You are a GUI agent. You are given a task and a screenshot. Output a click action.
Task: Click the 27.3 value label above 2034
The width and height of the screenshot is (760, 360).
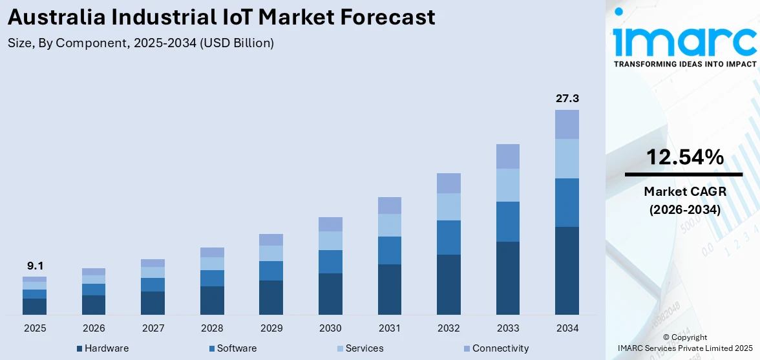[x=567, y=99]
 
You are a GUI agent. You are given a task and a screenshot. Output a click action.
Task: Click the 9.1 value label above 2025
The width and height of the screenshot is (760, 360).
[x=34, y=266]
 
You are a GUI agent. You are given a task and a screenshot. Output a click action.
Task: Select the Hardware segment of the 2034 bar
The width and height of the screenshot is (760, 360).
[x=567, y=271]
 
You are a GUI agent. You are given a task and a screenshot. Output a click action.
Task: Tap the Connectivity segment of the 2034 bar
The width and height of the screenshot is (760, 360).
[x=567, y=124]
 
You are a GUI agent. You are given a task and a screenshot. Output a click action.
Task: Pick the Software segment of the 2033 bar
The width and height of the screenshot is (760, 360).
[x=507, y=222]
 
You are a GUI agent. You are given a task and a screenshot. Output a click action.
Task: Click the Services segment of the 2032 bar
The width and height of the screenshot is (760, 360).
[x=449, y=207]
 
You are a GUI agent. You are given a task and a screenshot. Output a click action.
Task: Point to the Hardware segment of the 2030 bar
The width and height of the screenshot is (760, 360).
[x=330, y=294]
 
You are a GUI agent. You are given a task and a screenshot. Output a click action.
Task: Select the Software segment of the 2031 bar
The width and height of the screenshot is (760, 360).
[x=389, y=250]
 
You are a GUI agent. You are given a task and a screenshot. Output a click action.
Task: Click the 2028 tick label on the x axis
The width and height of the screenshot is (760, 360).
[x=212, y=328]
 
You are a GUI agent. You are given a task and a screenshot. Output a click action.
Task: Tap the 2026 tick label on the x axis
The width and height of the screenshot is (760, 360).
[x=94, y=328]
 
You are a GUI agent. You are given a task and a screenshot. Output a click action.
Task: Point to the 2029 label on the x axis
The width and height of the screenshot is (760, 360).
[x=271, y=328]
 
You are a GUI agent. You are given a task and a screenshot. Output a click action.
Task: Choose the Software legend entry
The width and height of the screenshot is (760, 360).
[x=232, y=348]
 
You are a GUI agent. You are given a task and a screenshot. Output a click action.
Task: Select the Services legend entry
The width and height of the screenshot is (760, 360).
[x=360, y=348]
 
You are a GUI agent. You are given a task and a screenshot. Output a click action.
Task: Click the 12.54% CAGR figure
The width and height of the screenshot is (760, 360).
[x=683, y=157]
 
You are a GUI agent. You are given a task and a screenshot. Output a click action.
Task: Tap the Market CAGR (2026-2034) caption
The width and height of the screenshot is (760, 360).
[x=683, y=200]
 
